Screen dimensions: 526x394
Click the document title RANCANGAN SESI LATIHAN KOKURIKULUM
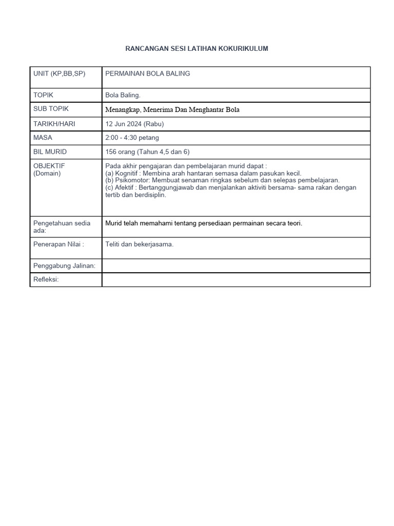(x=196, y=48)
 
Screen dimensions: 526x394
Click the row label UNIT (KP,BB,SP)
(x=60, y=73)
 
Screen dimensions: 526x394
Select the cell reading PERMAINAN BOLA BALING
(x=148, y=73)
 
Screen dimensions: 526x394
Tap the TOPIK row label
(x=44, y=95)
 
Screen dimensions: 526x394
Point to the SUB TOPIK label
(x=51, y=109)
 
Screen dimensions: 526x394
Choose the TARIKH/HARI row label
(x=54, y=124)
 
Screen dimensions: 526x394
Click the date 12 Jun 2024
(x=124, y=124)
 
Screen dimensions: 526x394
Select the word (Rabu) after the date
(x=154, y=124)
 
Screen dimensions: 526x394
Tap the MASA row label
(x=43, y=138)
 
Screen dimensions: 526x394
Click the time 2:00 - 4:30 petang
(x=132, y=138)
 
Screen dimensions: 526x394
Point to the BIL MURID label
(x=50, y=152)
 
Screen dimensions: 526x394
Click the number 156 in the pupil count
(x=111, y=152)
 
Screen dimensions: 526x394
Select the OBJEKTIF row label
(x=49, y=166)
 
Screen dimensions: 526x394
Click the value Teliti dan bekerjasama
(x=140, y=245)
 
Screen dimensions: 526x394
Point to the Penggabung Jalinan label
(x=65, y=266)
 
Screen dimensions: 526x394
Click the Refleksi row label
(x=46, y=279)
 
